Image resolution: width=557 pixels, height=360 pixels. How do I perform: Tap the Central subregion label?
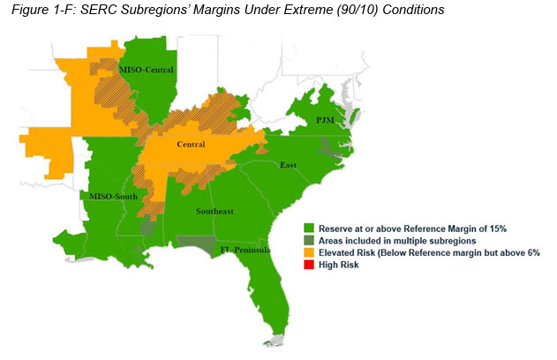click(191, 145)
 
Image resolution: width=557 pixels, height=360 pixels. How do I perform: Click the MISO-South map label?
click(107, 196)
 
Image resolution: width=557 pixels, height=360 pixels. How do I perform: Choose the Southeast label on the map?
click(215, 212)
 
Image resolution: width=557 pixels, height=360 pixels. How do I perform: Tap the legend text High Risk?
click(338, 266)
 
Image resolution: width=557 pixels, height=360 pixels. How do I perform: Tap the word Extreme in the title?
click(297, 11)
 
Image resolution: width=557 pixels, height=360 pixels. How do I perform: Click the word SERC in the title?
click(94, 11)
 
